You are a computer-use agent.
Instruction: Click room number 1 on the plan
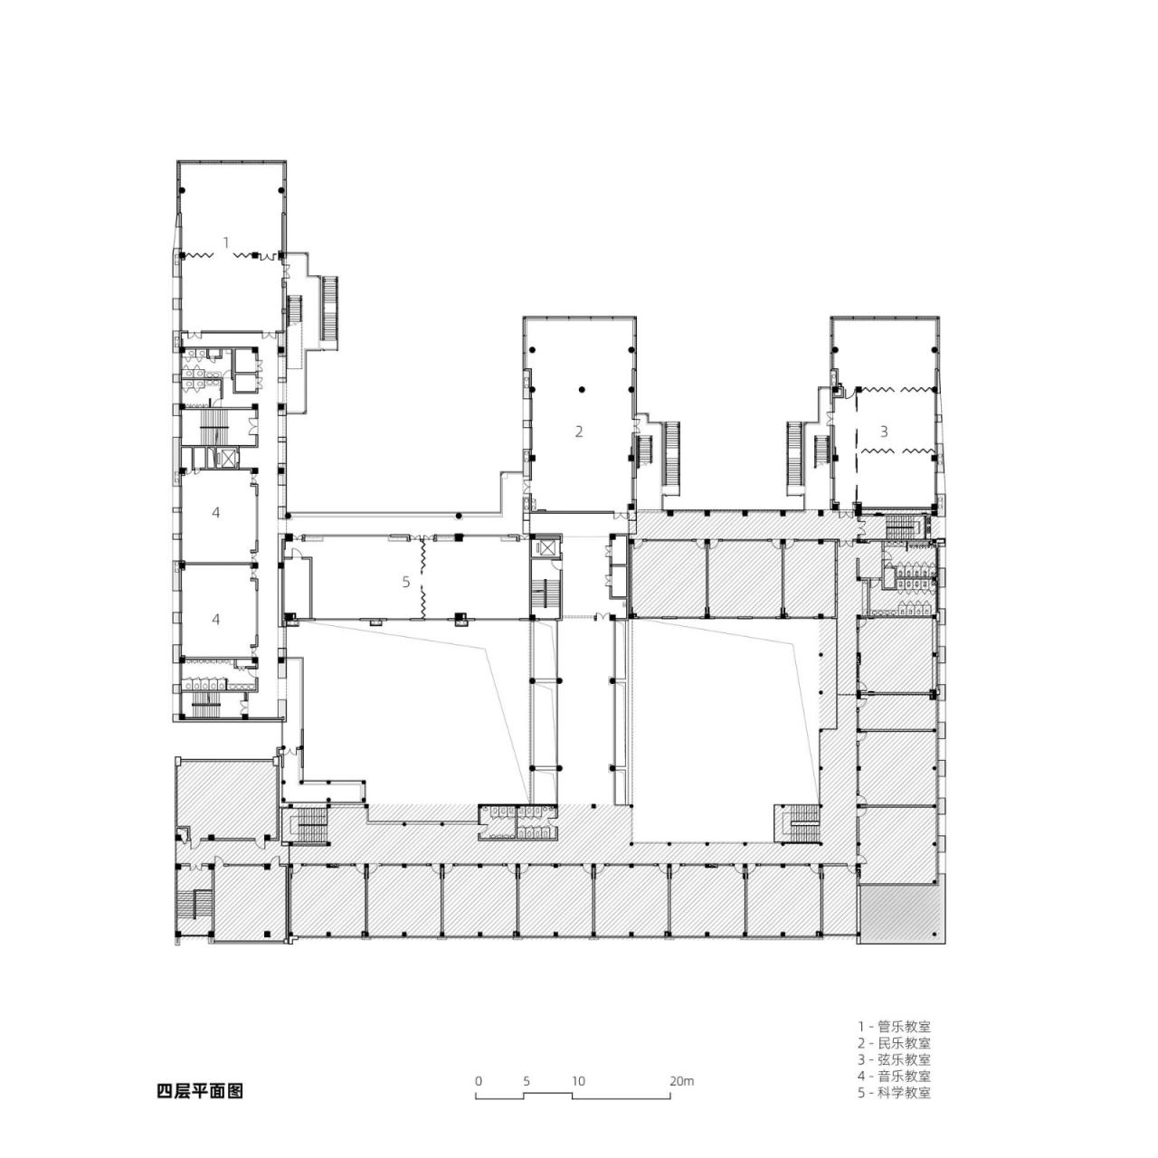226,242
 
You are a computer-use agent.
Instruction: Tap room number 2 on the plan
579,432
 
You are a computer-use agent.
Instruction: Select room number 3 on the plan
884,432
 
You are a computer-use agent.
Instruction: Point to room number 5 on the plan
406,582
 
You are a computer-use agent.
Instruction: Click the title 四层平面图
200,1090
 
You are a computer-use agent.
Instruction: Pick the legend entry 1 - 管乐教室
894,1026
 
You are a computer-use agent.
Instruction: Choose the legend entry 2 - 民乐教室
894,1042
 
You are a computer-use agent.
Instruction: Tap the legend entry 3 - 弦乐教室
894,1058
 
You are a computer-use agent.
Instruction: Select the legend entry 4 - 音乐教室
894,1075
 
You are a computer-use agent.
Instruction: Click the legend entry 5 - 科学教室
894,1091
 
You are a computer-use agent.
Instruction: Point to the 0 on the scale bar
478,1080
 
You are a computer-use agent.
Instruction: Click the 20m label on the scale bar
681,1080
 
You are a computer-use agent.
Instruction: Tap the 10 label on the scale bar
578,1080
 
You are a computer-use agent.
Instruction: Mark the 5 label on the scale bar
526,1080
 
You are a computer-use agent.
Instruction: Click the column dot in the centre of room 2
582,389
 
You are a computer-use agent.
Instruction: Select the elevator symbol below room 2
546,548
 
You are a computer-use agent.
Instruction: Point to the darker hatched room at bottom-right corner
901,914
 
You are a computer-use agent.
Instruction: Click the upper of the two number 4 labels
215,513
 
